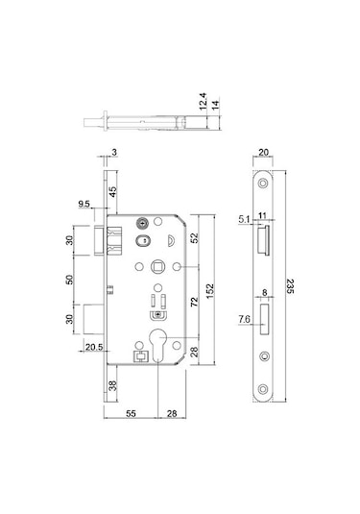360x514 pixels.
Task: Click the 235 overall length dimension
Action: click(290, 286)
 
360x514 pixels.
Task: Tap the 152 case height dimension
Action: click(210, 291)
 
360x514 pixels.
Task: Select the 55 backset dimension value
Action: click(131, 414)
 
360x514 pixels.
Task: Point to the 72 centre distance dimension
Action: click(194, 302)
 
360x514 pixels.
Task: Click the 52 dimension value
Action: click(194, 238)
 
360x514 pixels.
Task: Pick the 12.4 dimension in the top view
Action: click(204, 101)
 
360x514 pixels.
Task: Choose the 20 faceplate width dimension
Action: click(263, 152)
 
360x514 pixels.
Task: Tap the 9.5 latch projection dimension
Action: click(84, 204)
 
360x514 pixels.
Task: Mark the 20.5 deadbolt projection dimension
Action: click(94, 347)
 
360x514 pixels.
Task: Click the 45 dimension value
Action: click(112, 192)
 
